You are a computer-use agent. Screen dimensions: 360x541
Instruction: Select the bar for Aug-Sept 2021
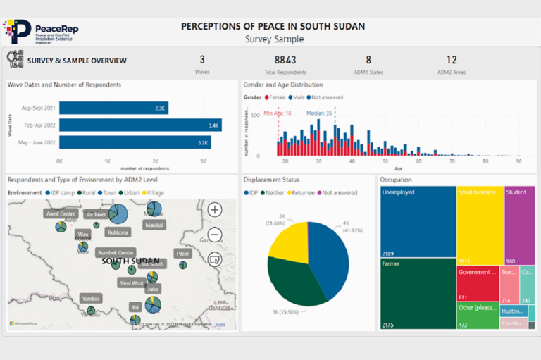click(x=113, y=108)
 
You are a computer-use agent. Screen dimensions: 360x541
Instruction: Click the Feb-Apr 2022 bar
click(x=140, y=125)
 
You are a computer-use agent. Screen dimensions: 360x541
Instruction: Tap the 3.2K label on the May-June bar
click(x=204, y=142)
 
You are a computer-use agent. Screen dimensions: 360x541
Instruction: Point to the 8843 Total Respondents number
click(x=290, y=61)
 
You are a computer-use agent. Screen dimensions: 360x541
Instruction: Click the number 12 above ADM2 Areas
click(x=452, y=61)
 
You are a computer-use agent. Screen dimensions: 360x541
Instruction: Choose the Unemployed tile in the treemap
click(x=417, y=222)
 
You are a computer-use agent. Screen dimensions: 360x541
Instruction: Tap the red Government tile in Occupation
click(x=477, y=283)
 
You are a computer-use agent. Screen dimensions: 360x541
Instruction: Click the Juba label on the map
click(x=153, y=288)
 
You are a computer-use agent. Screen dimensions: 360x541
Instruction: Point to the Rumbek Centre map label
click(x=115, y=253)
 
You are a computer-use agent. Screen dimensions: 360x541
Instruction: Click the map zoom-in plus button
click(x=215, y=209)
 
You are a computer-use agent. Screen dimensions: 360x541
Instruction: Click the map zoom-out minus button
click(x=215, y=235)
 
